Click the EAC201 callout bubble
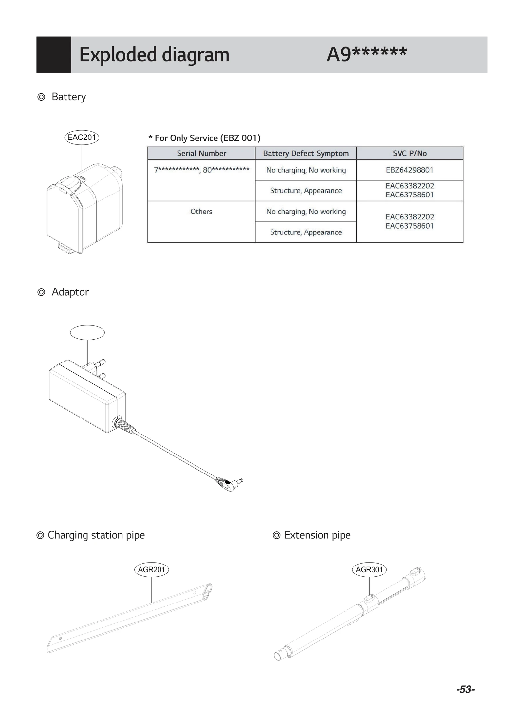(82, 137)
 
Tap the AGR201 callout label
(151, 569)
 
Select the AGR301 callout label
(369, 569)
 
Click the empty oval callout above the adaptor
(87, 333)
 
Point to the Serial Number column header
(201, 153)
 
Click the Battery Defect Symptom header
(306, 153)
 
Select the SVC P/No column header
(410, 153)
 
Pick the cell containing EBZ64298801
(410, 170)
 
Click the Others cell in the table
(201, 212)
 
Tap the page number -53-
(465, 689)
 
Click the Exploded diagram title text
(154, 55)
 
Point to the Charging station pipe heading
(96, 535)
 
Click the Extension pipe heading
(317, 535)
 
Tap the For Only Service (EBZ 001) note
(205, 138)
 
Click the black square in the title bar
(54, 55)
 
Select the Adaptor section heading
(70, 292)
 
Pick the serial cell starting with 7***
(201, 170)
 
